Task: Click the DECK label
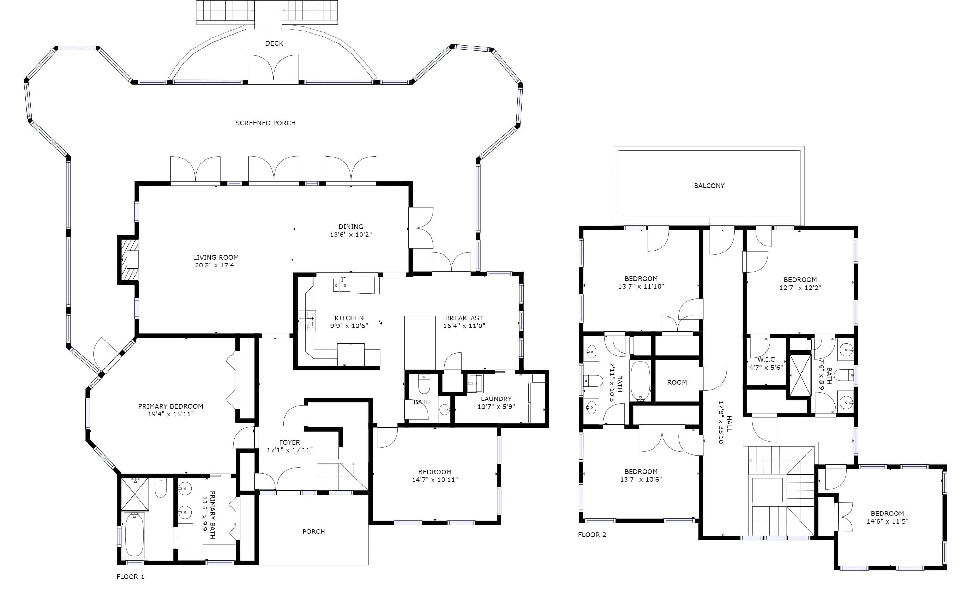(274, 43)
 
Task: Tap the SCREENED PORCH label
(265, 123)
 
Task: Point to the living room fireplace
(128, 260)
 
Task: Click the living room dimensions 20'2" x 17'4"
(216, 265)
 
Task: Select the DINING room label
(350, 227)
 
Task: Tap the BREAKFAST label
(464, 318)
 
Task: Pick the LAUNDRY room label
(496, 399)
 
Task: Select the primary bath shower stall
(134, 494)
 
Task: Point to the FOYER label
(289, 442)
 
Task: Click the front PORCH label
(313, 531)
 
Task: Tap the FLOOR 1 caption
(130, 577)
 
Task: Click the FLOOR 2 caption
(592, 535)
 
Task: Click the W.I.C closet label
(766, 360)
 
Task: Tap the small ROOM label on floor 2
(677, 382)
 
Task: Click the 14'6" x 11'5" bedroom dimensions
(887, 521)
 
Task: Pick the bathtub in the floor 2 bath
(640, 380)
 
